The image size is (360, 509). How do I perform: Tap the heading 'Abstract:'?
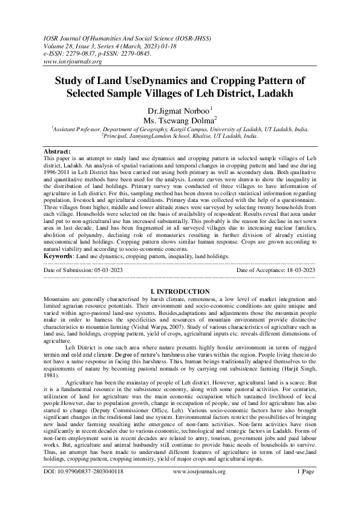pos(61,151)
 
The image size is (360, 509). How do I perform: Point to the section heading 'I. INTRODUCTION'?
pos(180,291)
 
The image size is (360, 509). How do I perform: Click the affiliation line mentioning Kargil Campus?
pos(180,129)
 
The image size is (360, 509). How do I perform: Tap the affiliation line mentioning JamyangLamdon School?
pos(180,137)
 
